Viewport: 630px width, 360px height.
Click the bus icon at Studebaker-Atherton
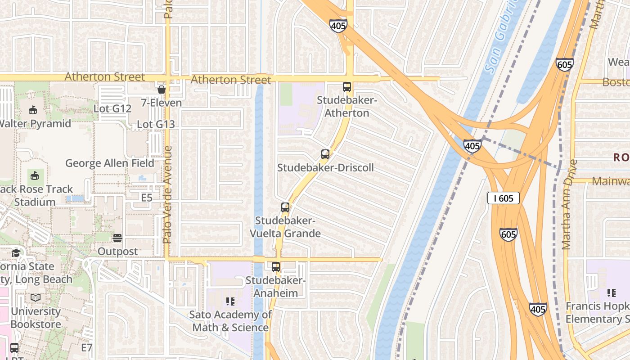click(347, 87)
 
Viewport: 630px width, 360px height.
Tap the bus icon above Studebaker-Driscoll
click(325, 154)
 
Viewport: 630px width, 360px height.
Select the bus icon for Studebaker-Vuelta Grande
click(285, 207)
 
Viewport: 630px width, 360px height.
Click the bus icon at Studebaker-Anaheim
click(276, 266)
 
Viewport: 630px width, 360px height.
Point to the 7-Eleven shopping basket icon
click(162, 90)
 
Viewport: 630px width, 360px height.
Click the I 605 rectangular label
click(504, 198)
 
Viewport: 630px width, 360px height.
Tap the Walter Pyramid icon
click(32, 110)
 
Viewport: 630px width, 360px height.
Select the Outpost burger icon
click(117, 238)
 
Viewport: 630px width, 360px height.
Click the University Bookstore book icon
click(36, 297)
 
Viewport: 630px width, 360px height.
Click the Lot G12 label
click(112, 108)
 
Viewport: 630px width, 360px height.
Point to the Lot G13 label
click(156, 124)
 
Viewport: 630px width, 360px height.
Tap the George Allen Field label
click(110, 163)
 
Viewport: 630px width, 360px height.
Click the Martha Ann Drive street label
click(567, 205)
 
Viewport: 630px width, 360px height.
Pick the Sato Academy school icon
click(230, 301)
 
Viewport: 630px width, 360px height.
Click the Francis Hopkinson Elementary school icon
click(611, 293)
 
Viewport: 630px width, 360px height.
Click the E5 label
click(147, 198)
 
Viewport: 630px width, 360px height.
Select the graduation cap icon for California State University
click(16, 252)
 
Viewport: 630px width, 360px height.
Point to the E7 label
click(87, 347)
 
